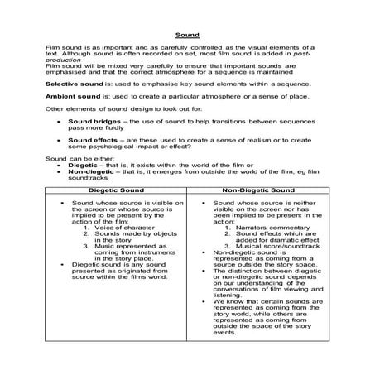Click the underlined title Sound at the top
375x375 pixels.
click(x=186, y=36)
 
